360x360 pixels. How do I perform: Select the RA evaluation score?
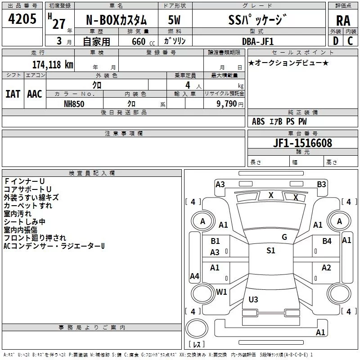(x=343, y=21)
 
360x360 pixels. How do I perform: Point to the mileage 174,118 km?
(x=53, y=64)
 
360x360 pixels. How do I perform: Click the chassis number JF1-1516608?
(x=302, y=143)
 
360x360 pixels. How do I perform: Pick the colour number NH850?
(x=74, y=104)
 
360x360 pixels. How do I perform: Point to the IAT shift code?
(x=13, y=94)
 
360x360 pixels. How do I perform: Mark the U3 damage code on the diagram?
(x=253, y=299)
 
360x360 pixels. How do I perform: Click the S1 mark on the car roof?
(x=270, y=251)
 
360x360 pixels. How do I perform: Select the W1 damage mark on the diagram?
(x=221, y=292)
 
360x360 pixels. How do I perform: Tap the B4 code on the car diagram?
(x=327, y=241)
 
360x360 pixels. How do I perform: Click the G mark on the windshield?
(x=284, y=237)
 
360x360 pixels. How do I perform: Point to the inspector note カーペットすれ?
(x=28, y=205)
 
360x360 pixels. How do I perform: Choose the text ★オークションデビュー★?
(x=288, y=63)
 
